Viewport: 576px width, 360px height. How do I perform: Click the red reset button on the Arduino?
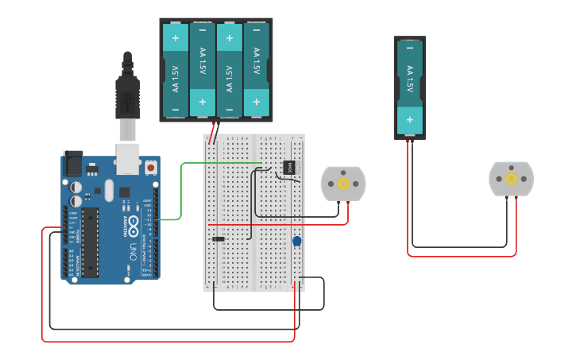point(150,168)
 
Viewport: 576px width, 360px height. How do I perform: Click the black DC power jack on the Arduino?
point(72,165)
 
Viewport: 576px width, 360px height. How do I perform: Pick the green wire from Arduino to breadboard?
point(181,191)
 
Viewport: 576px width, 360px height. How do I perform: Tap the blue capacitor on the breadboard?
point(297,241)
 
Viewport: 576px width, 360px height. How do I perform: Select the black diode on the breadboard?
point(218,238)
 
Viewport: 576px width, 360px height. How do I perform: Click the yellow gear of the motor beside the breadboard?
point(343,184)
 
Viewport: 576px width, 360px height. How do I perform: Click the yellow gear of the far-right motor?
point(511,179)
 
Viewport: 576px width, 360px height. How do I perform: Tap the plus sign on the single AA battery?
point(410,121)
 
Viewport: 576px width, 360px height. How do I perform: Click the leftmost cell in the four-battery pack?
point(176,70)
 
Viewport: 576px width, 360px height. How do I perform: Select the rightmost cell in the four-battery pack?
point(257,70)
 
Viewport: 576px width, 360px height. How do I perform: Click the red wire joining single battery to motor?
point(461,256)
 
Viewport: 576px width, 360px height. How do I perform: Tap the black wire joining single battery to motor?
point(461,247)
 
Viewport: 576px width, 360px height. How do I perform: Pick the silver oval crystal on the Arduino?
point(109,189)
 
